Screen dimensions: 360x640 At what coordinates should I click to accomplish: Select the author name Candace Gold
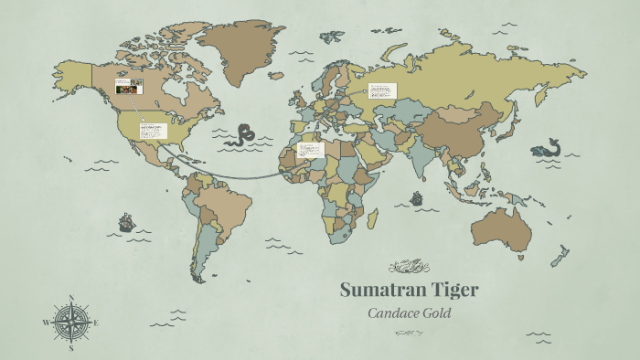408,312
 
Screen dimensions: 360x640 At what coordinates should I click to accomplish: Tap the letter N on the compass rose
71,298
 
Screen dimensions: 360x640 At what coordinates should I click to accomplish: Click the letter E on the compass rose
96,323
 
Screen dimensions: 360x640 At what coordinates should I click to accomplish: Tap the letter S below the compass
71,348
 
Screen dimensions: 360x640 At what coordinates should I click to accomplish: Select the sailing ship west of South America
126,222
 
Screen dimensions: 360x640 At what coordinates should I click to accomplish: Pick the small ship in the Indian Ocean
417,197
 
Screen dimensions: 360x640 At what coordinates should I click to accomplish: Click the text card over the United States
152,129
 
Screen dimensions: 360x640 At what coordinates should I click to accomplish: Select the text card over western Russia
381,90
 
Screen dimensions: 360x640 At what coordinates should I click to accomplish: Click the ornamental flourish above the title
408,267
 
